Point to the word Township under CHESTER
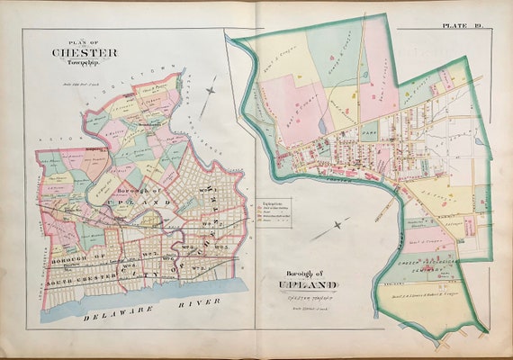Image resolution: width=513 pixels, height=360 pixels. coord(83,61)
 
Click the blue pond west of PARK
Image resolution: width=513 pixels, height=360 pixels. coord(322,126)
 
